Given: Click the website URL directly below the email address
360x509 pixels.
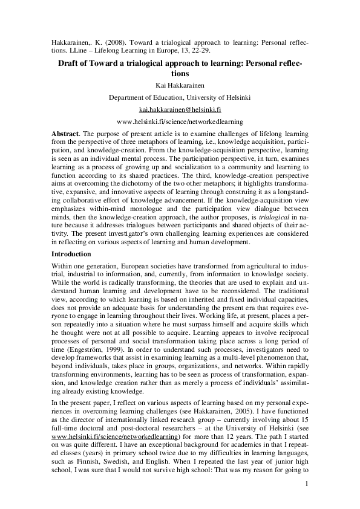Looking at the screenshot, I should pos(179,122).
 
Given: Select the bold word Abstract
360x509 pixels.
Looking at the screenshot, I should pos(66,132).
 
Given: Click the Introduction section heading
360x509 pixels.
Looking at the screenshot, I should pos(71,254).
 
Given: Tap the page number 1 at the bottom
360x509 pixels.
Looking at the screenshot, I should pos(307,484).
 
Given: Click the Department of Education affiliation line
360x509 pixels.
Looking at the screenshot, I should pos(179,97).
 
